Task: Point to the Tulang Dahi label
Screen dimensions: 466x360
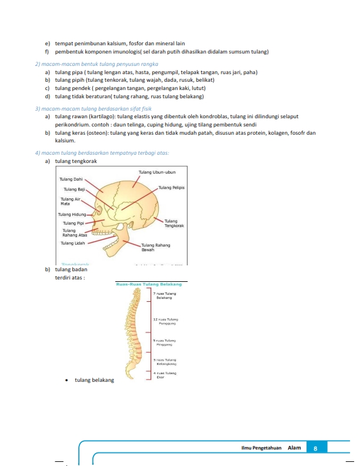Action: coord(71,179)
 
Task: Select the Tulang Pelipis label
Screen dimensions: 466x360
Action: coord(172,188)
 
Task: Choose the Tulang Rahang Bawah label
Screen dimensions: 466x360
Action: coord(156,247)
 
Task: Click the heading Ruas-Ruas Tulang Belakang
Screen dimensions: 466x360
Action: coord(148,284)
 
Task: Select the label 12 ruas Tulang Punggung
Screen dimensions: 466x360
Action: coord(165,321)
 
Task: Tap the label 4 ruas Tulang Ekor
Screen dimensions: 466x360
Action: coord(166,375)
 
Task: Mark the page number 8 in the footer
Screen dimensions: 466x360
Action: coord(316,448)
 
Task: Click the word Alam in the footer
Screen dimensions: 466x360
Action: coord(294,448)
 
